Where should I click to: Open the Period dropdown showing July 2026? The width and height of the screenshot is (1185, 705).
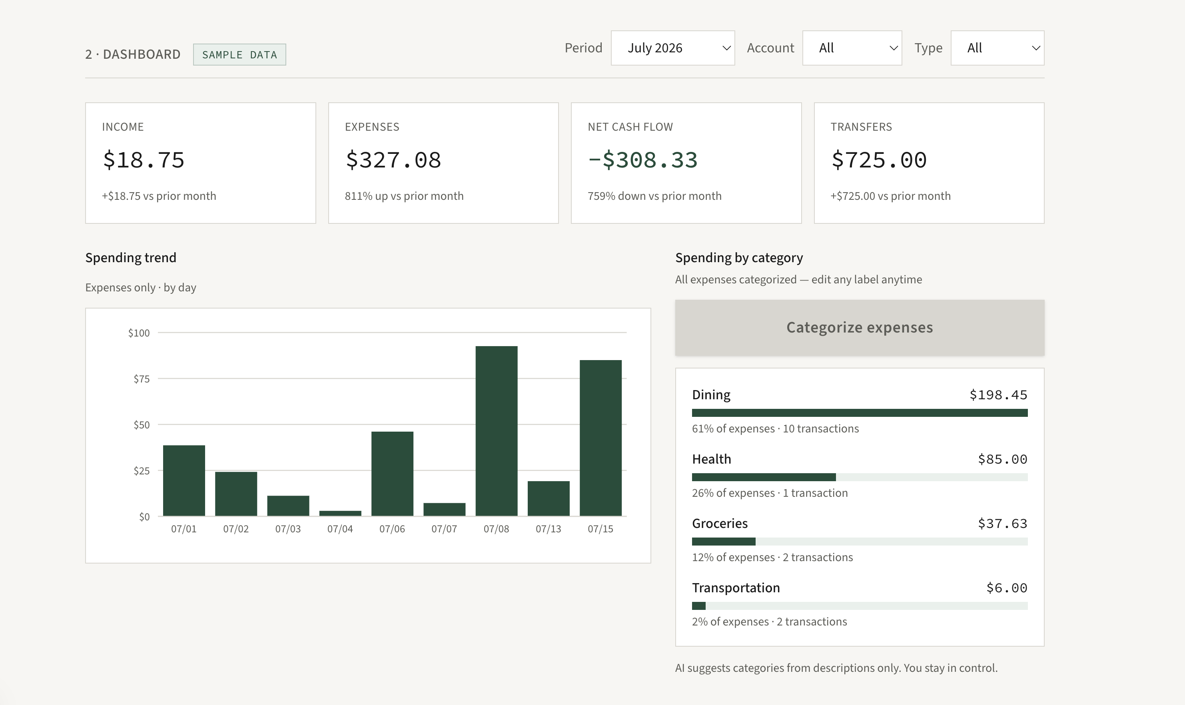(x=672, y=48)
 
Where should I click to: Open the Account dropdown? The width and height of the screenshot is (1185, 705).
(x=852, y=48)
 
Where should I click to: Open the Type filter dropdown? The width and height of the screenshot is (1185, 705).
(x=997, y=48)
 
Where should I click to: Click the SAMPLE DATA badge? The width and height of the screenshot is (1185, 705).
(x=239, y=55)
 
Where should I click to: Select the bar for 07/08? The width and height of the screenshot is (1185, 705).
(x=497, y=431)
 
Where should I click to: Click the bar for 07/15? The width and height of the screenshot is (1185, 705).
(x=600, y=438)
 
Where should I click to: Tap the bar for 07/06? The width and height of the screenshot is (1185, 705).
(x=393, y=474)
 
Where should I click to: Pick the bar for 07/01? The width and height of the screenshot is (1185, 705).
(x=184, y=480)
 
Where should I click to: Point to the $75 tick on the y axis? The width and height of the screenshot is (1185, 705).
(x=142, y=378)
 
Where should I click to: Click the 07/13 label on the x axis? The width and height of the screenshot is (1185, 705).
(x=548, y=529)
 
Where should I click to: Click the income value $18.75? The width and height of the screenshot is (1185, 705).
(x=144, y=159)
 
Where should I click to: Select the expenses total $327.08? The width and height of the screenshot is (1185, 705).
(x=393, y=159)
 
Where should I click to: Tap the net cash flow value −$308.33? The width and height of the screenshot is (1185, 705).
(x=643, y=159)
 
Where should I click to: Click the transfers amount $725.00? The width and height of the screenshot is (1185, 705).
(x=879, y=159)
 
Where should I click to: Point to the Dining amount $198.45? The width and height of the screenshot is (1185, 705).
(x=998, y=395)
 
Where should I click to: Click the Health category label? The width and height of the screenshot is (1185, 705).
(x=712, y=459)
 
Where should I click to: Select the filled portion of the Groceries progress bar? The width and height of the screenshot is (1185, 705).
(x=724, y=542)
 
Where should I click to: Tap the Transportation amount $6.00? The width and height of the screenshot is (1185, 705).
(x=1007, y=587)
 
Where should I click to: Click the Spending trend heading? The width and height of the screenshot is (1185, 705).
(x=131, y=257)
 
